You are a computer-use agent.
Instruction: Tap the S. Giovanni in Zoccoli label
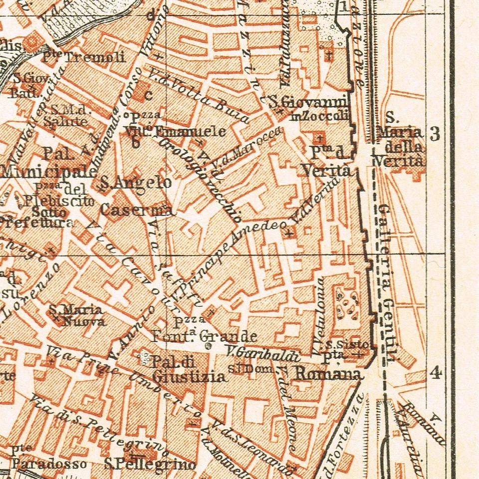point(308,109)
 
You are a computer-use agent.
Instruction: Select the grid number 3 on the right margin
point(435,134)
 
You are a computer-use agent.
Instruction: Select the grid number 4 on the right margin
point(436,373)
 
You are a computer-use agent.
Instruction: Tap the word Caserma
point(136,210)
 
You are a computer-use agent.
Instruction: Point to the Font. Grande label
point(205,336)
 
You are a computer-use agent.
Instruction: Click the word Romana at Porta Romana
point(327,374)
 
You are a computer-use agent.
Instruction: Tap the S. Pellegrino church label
point(150,464)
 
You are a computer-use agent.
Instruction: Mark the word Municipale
point(48,172)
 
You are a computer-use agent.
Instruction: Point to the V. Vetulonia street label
point(320,317)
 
